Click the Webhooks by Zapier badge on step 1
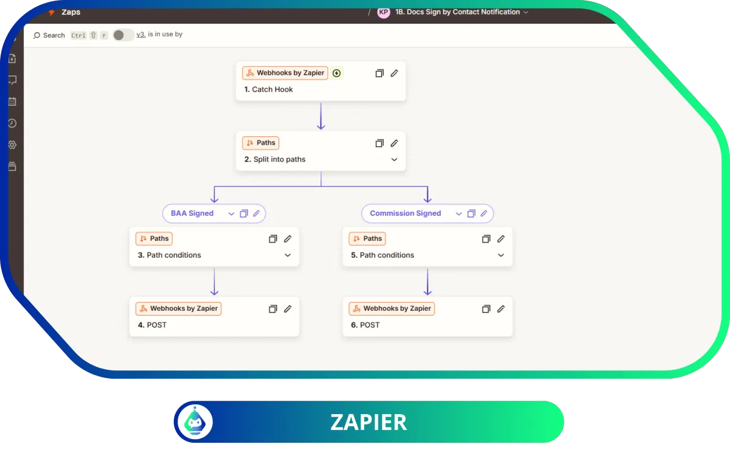pos(285,73)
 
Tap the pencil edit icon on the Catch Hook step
pos(394,73)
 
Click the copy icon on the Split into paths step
pos(380,143)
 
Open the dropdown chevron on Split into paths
pos(394,159)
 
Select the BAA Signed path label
pos(192,213)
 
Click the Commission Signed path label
pos(405,213)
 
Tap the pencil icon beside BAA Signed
pos(257,213)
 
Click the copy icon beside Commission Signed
pos(471,213)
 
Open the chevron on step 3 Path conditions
pos(287,255)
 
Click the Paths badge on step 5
pos(367,238)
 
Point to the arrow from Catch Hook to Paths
pos(321,116)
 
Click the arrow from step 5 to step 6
pos(428,282)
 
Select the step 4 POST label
pos(152,325)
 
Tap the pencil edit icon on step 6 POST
pos(501,308)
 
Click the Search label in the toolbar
pos(54,35)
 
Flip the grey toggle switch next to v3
pos(123,35)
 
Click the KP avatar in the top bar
pos(384,12)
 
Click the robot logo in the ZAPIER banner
pos(195,421)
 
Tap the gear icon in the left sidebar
pos(12,145)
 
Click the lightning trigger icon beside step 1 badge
pos(336,73)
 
